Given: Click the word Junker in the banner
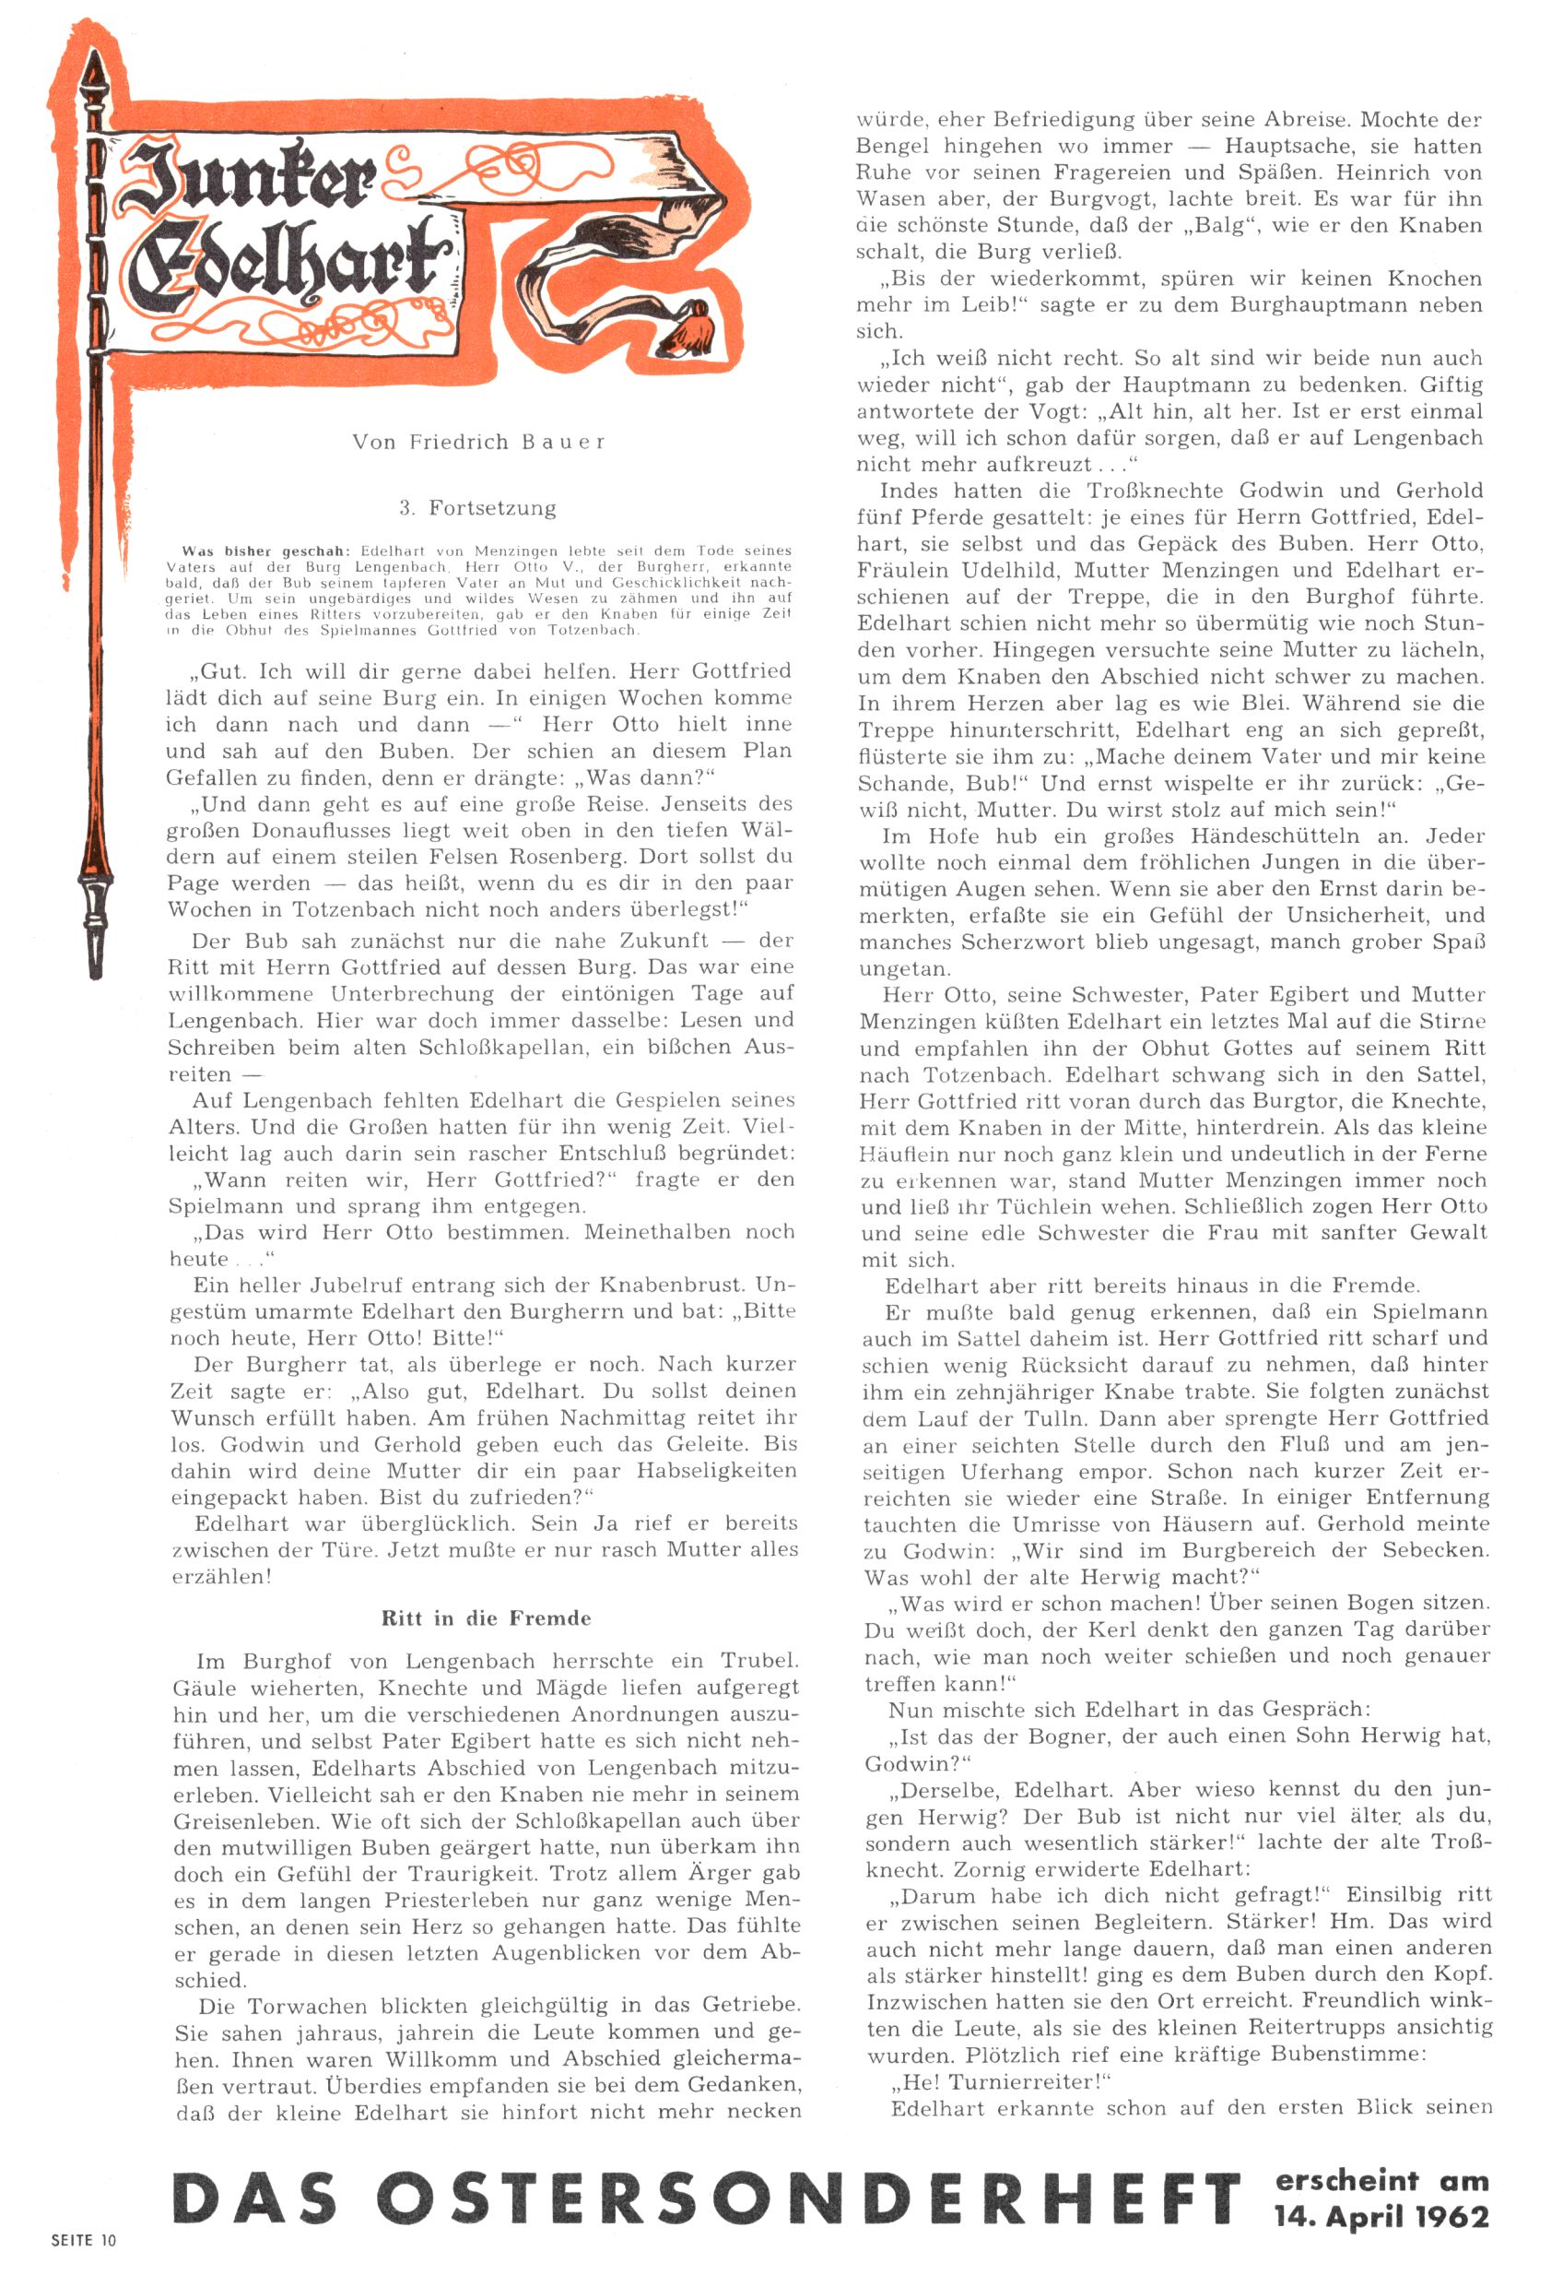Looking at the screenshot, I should pos(246,177).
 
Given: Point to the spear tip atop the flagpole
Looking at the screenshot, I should pos(96,74).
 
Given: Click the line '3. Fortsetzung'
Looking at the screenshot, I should pos(477,508).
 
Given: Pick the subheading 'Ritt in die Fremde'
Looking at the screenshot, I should pos(486,1617).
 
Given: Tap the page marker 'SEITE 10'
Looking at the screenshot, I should pos(84,2240).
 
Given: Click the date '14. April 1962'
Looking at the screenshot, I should pos(1382,2216).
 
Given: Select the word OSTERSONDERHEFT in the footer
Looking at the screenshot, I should pos(806,2198).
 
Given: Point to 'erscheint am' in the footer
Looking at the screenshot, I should pos(1382,2180).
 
